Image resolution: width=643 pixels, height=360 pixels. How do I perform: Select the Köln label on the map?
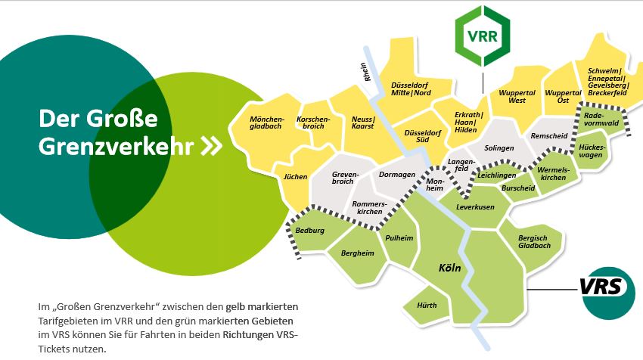(x=450, y=268)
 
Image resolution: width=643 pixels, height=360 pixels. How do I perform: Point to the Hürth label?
(x=427, y=305)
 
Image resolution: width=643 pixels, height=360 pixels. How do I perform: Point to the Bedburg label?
(x=310, y=230)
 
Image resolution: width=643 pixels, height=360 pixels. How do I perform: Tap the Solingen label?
(x=499, y=148)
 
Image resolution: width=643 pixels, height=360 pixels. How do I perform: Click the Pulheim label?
(x=399, y=238)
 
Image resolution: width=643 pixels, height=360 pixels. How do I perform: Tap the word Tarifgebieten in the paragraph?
(x=72, y=321)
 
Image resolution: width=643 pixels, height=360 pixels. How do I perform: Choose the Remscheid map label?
(x=549, y=135)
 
